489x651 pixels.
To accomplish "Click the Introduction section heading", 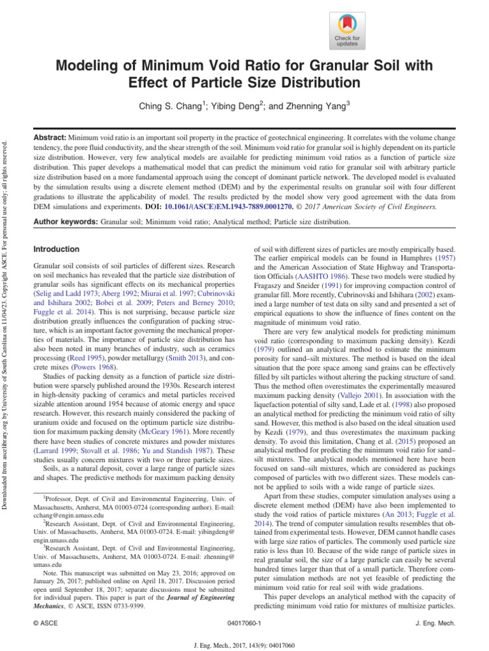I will coord(56,249).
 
